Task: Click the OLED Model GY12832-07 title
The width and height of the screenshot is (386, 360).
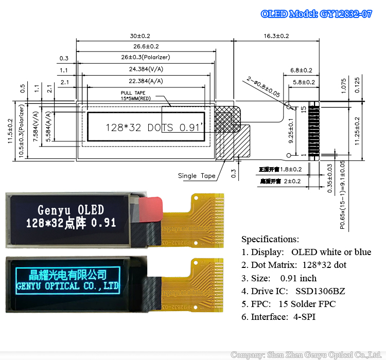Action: click(x=316, y=14)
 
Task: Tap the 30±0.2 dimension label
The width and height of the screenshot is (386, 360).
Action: click(x=140, y=36)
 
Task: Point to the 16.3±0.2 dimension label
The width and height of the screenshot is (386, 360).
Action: click(x=276, y=36)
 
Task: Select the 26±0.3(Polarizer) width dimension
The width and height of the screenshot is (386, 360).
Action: click(x=146, y=57)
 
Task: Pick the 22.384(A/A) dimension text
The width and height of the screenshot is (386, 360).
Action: click(x=145, y=81)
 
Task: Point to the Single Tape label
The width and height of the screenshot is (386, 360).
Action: click(x=197, y=176)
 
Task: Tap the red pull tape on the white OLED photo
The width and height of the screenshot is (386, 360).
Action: click(x=151, y=207)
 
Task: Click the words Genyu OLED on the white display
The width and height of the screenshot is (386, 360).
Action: click(x=71, y=210)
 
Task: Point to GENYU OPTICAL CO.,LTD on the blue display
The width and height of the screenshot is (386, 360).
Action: click(x=68, y=285)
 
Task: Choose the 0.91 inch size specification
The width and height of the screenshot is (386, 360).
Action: click(x=299, y=278)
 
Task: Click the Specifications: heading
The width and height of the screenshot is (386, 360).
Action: click(x=270, y=239)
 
